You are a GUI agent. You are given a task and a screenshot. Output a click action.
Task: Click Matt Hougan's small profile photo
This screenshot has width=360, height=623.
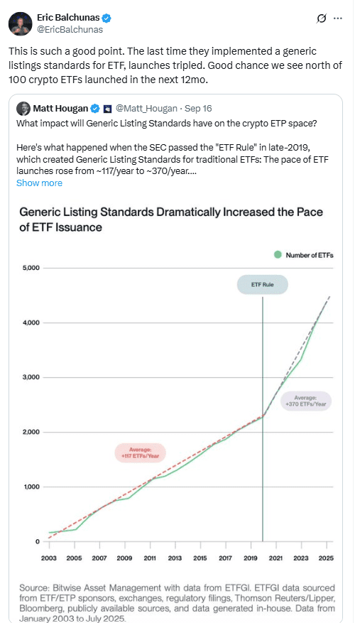pyautogui.click(x=23, y=109)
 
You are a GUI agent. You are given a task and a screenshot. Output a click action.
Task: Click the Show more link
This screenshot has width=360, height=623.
pyautogui.click(x=39, y=183)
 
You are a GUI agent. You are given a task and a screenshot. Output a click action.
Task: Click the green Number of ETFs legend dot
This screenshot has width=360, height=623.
pyautogui.click(x=278, y=254)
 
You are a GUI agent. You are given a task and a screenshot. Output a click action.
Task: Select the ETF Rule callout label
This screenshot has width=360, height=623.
pyautogui.click(x=263, y=286)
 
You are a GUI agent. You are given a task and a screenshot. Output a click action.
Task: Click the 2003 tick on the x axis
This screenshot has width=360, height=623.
pyautogui.click(x=48, y=558)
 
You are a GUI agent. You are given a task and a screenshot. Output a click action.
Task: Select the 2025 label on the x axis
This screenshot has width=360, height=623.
pyautogui.click(x=327, y=558)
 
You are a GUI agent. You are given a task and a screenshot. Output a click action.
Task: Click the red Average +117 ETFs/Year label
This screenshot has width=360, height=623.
pyautogui.click(x=139, y=453)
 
